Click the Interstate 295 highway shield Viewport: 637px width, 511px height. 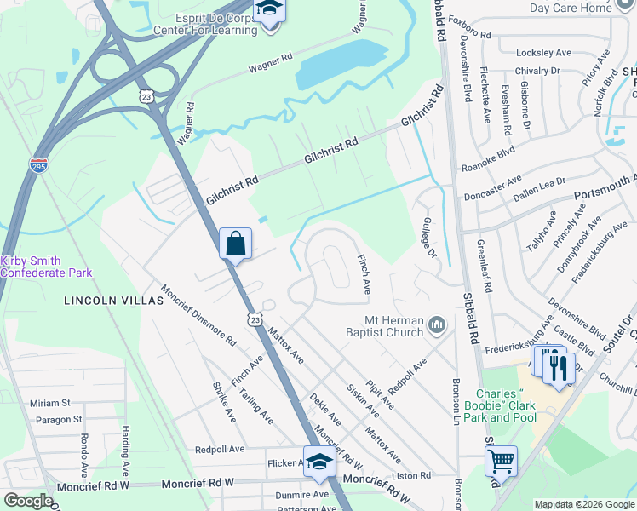click(38, 164)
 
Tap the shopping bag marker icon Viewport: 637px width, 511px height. click(235, 244)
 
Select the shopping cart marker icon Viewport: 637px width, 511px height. click(501, 462)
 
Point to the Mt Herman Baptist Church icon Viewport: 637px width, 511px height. click(438, 324)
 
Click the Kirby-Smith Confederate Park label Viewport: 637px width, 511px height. click(46, 266)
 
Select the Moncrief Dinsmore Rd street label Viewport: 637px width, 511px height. click(198, 315)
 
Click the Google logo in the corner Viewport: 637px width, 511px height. click(28, 501)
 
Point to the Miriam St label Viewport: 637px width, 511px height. click(49, 403)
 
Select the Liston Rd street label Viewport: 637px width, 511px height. click(411, 475)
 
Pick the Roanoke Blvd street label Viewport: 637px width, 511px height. click(488, 169)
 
